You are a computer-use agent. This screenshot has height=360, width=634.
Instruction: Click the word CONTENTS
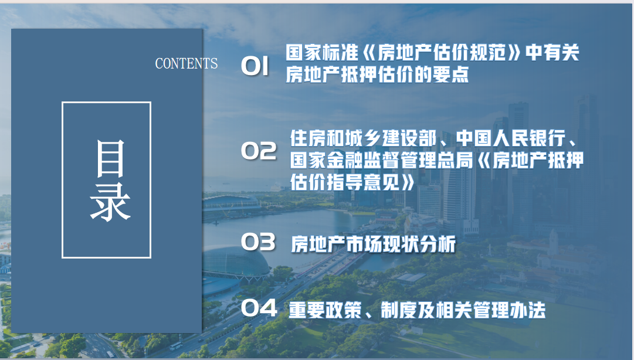(187, 63)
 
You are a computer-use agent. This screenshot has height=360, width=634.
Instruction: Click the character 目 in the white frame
(110, 159)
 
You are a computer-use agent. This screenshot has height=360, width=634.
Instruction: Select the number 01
(255, 66)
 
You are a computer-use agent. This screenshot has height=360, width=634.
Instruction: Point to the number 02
(259, 151)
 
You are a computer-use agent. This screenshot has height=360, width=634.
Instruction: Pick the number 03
(259, 242)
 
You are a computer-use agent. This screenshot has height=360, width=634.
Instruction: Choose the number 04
(259, 308)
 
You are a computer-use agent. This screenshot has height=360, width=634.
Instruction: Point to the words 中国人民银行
(511, 138)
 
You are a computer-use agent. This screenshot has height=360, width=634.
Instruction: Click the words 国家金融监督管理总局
(381, 160)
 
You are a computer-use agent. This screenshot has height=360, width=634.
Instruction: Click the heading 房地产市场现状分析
(373, 244)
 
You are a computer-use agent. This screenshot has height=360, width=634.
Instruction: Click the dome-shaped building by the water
(235, 263)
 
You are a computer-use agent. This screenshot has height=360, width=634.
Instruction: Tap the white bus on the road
(176, 347)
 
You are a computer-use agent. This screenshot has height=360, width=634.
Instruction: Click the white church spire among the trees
(553, 242)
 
